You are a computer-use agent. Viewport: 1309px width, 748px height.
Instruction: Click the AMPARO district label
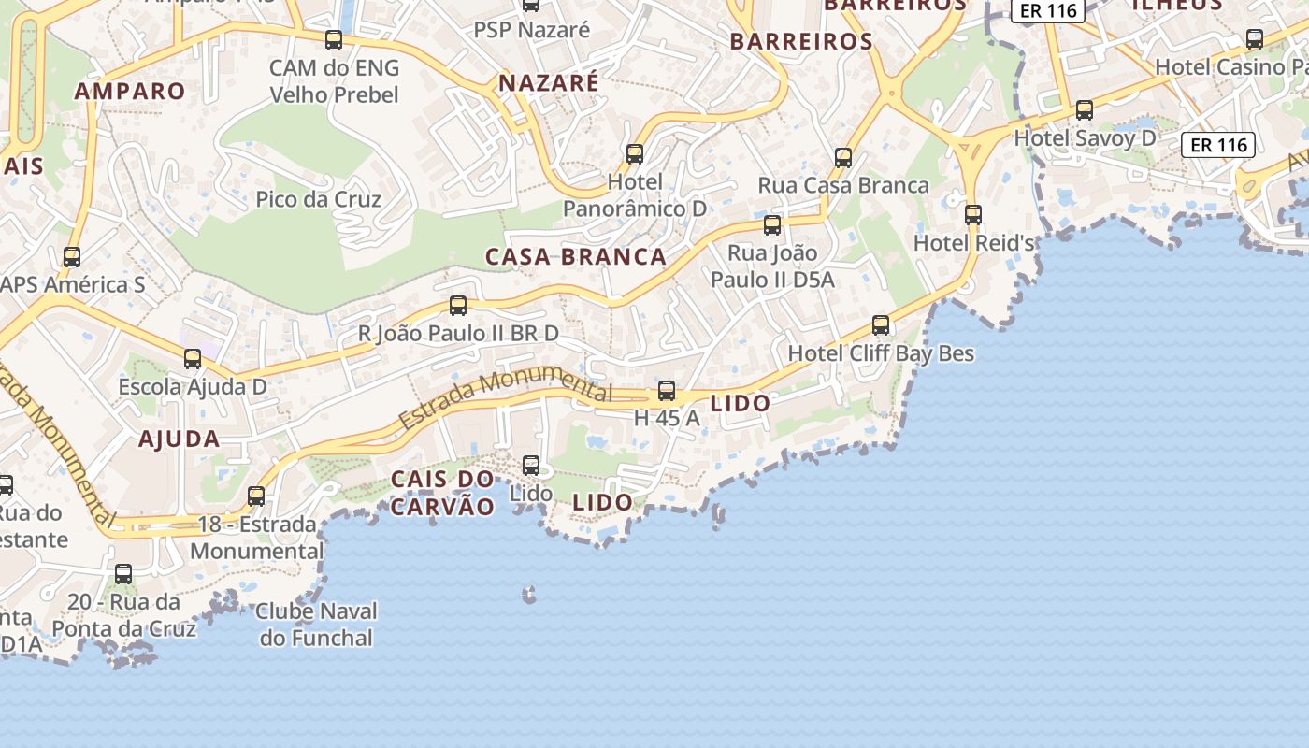tap(130, 91)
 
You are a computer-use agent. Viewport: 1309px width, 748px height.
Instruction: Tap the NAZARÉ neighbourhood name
tap(549, 82)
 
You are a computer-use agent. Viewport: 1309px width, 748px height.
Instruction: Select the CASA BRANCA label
tap(576, 256)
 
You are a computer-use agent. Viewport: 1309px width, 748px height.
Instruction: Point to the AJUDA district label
tap(180, 439)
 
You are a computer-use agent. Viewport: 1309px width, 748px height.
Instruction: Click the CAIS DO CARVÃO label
tap(442, 493)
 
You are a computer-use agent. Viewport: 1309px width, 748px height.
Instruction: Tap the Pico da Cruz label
tap(319, 199)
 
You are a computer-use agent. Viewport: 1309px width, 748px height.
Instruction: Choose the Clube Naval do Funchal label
tap(316, 625)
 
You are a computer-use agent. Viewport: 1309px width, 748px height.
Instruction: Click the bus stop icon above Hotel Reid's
tap(973, 214)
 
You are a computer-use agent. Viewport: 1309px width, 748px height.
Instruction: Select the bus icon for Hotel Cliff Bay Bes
tap(881, 325)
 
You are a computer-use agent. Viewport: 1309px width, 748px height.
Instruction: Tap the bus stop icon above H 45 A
tap(667, 391)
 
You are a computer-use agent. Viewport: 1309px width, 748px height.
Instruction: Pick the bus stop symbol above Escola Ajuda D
tap(193, 358)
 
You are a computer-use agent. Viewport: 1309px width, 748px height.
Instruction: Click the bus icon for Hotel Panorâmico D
tap(635, 153)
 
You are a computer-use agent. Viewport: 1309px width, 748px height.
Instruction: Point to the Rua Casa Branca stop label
tap(843, 185)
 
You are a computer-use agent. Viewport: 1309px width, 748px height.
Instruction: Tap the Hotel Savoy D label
tap(1085, 138)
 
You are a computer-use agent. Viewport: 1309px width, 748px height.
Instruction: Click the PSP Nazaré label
tap(532, 30)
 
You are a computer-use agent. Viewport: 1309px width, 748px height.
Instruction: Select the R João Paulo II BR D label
tap(458, 333)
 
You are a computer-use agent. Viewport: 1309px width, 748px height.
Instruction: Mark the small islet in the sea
tap(530, 594)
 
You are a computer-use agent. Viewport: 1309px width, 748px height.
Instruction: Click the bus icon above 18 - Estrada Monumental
tap(256, 496)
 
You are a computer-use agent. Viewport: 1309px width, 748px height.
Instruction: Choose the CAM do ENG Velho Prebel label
tap(334, 81)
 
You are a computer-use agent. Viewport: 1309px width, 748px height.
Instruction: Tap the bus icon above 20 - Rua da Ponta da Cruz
tap(123, 573)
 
